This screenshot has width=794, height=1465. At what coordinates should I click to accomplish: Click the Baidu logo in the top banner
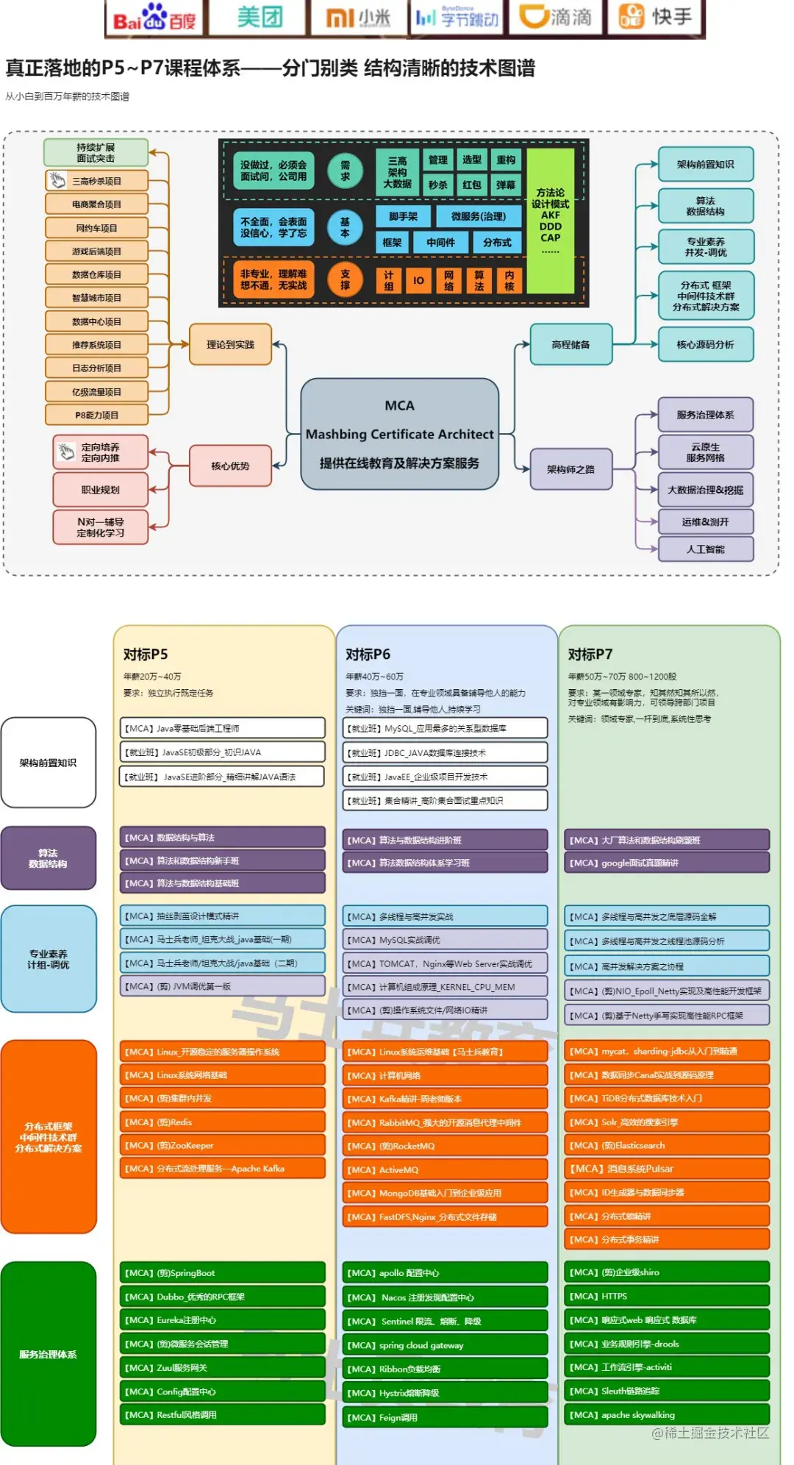click(154, 18)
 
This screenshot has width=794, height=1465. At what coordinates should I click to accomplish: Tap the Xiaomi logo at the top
click(358, 18)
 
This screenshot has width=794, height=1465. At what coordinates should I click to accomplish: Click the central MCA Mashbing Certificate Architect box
click(399, 434)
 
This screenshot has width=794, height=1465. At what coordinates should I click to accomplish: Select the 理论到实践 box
click(230, 344)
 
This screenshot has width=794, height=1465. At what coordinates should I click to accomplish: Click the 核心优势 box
click(230, 466)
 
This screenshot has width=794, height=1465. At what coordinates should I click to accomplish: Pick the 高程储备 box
click(571, 344)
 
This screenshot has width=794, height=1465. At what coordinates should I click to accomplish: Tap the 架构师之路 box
click(571, 469)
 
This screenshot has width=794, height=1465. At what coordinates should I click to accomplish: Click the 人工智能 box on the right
click(705, 549)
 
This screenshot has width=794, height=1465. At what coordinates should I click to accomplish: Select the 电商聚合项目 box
click(96, 204)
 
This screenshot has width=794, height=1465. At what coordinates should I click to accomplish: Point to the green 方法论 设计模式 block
click(550, 221)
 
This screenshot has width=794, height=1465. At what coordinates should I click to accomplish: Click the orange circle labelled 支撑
click(345, 279)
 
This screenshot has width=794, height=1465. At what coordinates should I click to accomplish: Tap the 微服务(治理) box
click(478, 216)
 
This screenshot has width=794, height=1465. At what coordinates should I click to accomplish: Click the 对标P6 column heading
click(368, 655)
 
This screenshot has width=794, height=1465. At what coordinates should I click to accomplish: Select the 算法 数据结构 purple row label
click(49, 858)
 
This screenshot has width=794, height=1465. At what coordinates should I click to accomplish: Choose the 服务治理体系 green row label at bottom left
click(49, 1354)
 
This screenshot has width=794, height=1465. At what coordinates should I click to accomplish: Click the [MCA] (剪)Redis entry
click(222, 1122)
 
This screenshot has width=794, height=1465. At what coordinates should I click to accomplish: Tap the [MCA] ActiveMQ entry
click(445, 1169)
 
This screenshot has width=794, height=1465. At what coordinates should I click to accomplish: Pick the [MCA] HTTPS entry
click(667, 1296)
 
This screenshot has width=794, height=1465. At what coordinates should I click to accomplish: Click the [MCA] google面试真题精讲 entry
click(667, 863)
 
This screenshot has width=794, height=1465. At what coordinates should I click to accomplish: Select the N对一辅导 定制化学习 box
click(101, 527)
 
